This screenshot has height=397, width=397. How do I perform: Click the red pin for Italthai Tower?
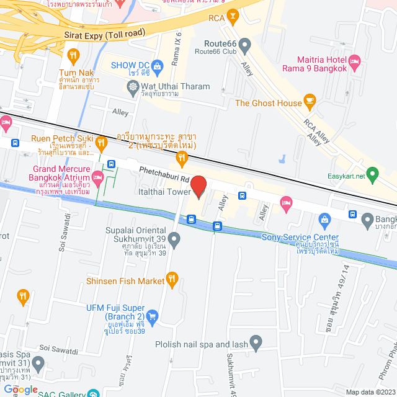198,185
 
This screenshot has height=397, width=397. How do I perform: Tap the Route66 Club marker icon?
245,44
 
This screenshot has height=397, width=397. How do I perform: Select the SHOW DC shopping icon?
156,65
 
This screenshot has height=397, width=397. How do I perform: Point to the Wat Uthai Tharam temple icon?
134,87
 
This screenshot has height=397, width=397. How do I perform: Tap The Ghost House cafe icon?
311,102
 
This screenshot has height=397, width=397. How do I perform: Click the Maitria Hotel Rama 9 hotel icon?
355,61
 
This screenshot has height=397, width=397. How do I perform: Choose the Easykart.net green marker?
372,173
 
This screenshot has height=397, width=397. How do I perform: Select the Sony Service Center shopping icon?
324,220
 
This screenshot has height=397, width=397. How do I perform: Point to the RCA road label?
216,17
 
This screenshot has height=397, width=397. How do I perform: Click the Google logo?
22,389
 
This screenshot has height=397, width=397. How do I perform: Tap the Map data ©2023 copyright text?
370,392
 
